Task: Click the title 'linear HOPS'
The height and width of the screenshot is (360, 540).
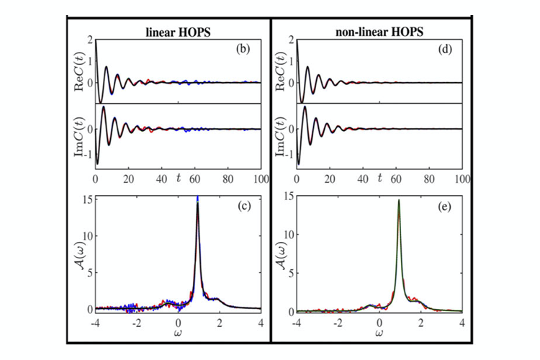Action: pos(178,32)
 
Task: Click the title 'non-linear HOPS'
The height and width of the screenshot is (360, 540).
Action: pos(379,32)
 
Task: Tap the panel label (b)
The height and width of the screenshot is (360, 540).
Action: pos(243,49)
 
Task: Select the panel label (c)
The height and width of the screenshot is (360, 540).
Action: pos(244,206)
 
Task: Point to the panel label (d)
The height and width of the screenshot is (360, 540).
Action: pos(445,49)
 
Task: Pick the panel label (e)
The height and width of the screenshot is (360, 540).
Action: pos(444,207)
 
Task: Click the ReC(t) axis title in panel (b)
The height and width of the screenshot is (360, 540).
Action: pos(79,72)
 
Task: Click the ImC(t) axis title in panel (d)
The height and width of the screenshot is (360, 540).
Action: pos(282,136)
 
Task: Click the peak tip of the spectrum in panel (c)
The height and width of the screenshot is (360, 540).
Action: pos(198,196)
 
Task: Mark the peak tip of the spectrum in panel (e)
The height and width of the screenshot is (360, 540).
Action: pos(399,200)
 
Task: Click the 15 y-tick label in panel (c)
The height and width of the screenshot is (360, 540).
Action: pos(88,199)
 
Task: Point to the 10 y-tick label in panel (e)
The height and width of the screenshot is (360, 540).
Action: pos(289,234)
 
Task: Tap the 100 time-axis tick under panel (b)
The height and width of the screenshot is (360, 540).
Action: pos(261,179)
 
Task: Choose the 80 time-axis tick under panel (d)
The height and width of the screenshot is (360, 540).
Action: pos(429,179)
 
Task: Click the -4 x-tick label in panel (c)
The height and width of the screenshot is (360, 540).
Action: pos(95,323)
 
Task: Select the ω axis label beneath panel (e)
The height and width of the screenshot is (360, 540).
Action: pos(379,333)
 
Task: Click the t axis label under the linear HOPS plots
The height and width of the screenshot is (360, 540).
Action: pos(179,178)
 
